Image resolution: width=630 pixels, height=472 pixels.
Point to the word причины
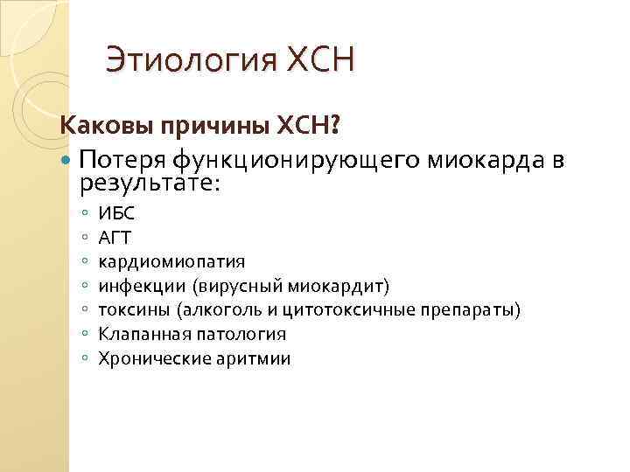[206, 128]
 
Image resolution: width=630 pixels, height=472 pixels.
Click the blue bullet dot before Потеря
[68, 160]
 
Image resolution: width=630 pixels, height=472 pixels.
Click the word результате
[150, 183]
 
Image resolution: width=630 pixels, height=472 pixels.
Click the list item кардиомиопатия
[171, 260]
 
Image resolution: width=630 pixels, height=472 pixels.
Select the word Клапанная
[140, 334]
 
